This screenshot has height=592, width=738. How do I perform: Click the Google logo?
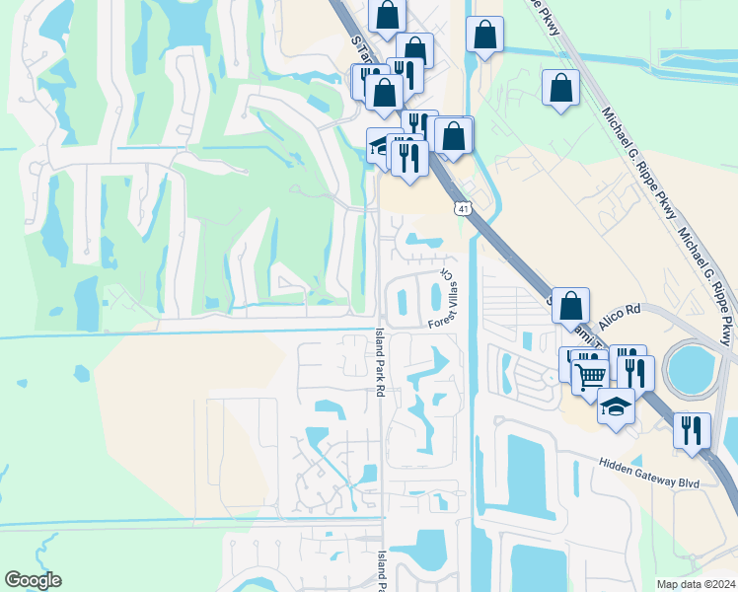pos(33,580)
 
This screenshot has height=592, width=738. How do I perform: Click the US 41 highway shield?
pos(463,208)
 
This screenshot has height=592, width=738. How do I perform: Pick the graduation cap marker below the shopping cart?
pos(616,407)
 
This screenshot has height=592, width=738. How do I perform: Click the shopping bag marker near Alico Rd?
pos(570,306)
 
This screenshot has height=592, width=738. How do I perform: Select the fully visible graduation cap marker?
pos(616,407)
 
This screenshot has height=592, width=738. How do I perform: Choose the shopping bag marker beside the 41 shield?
pos(454,135)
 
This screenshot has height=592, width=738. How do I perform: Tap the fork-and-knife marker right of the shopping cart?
pos(635,373)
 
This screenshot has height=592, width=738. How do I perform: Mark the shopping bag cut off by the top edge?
pos(388,14)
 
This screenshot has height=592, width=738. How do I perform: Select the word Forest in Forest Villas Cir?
pos(439,321)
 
